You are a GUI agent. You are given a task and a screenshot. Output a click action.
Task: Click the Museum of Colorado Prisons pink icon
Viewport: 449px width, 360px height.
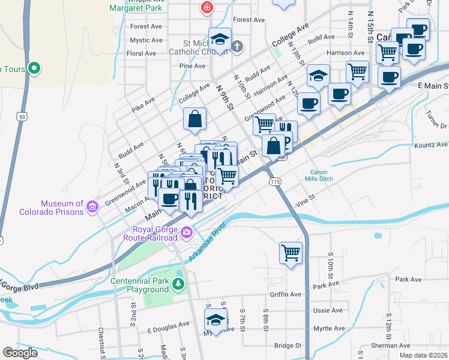[x=92, y=207]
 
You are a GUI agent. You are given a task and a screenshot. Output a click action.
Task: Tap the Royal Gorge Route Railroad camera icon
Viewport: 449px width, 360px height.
[x=187, y=232]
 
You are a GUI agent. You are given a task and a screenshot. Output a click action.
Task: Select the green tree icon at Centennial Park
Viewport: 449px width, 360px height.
[x=178, y=283]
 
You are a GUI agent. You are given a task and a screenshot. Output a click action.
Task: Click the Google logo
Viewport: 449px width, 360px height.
[x=20, y=352]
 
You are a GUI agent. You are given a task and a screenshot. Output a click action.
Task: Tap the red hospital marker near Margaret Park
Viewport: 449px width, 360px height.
[x=206, y=8]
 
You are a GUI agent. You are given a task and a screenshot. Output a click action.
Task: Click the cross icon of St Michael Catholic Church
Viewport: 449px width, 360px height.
[x=237, y=46]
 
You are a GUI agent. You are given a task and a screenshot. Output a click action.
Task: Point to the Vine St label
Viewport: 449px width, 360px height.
[x=305, y=198]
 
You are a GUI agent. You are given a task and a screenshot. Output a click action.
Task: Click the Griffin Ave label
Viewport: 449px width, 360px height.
[x=285, y=295]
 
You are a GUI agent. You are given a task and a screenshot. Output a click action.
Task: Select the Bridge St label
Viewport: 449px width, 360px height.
[x=288, y=346]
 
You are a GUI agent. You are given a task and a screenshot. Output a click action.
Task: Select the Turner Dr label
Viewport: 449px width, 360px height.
[x=436, y=123]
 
